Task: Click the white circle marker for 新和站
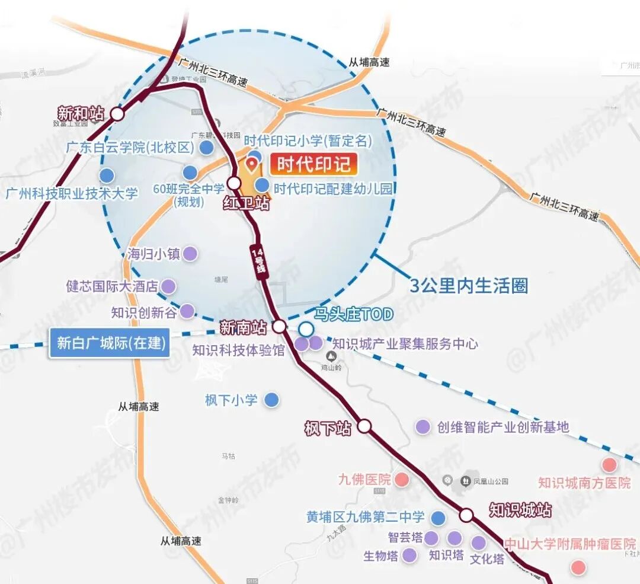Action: point(117,113)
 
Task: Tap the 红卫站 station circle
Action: point(234,183)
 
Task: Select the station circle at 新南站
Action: point(279,326)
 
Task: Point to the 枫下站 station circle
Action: point(364,426)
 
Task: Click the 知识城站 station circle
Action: point(466,515)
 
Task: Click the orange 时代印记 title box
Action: point(313,164)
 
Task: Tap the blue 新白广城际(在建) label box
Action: point(110,343)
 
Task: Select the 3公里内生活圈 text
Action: point(469,286)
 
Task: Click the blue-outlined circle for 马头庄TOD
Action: point(306,329)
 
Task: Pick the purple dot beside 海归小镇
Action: point(190,254)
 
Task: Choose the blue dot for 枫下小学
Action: point(271,400)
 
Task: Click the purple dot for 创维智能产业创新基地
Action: point(423,426)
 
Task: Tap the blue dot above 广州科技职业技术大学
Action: point(107,175)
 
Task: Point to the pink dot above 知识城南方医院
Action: point(609,465)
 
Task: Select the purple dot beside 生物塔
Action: point(409,556)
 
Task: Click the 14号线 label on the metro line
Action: point(258,261)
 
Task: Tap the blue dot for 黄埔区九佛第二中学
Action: point(438,518)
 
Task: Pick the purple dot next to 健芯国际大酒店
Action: point(169,286)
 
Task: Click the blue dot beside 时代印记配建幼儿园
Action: point(262,186)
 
